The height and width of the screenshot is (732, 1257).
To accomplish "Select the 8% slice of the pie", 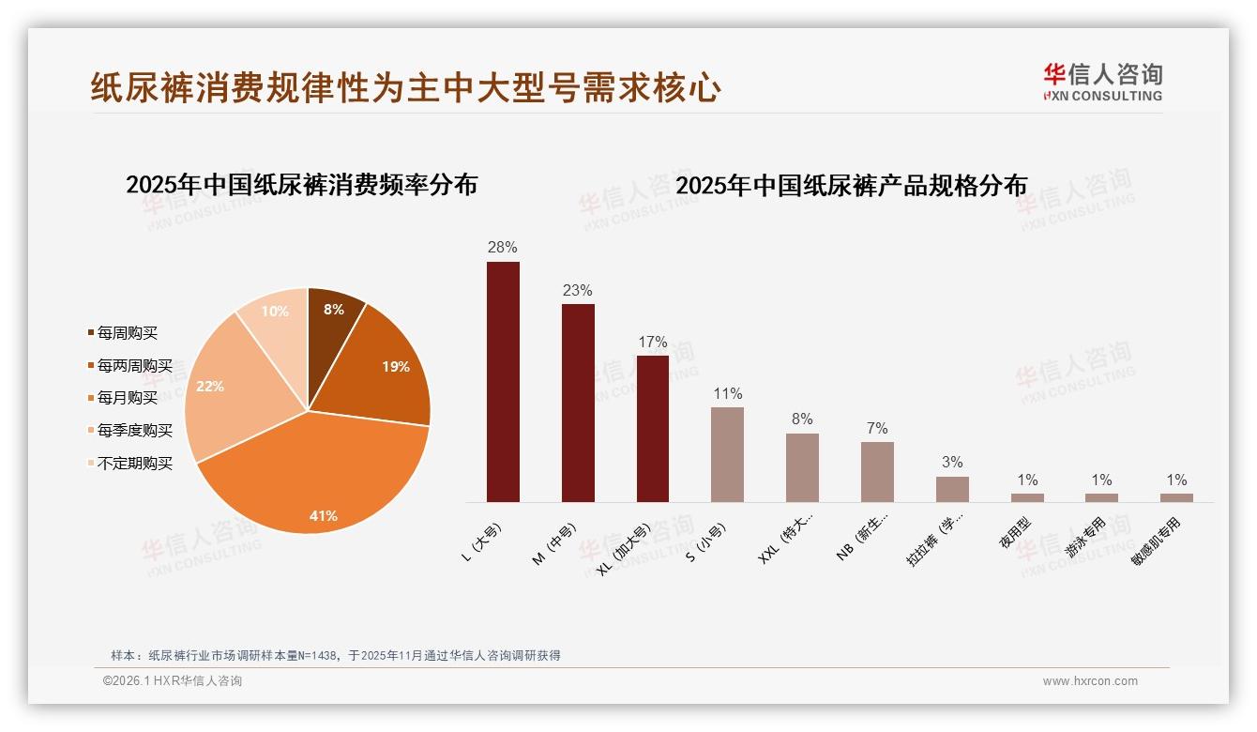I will point(333,314).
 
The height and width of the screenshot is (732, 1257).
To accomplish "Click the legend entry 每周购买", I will point(128,333).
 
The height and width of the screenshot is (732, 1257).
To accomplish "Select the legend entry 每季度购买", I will point(135,431).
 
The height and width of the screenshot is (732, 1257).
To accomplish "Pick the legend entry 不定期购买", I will point(135,464).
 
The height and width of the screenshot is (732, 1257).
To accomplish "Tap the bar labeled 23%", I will point(578,403).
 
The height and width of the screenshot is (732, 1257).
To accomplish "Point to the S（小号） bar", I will point(727,454).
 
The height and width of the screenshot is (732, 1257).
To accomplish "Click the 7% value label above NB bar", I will point(877,428).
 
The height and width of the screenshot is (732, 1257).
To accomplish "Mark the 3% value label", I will point(952,462).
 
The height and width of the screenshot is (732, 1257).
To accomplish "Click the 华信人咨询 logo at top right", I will point(1102,82).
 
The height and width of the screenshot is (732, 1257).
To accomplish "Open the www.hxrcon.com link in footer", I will point(1090,681).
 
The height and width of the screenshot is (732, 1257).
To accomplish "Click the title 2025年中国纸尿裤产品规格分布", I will point(851,185).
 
